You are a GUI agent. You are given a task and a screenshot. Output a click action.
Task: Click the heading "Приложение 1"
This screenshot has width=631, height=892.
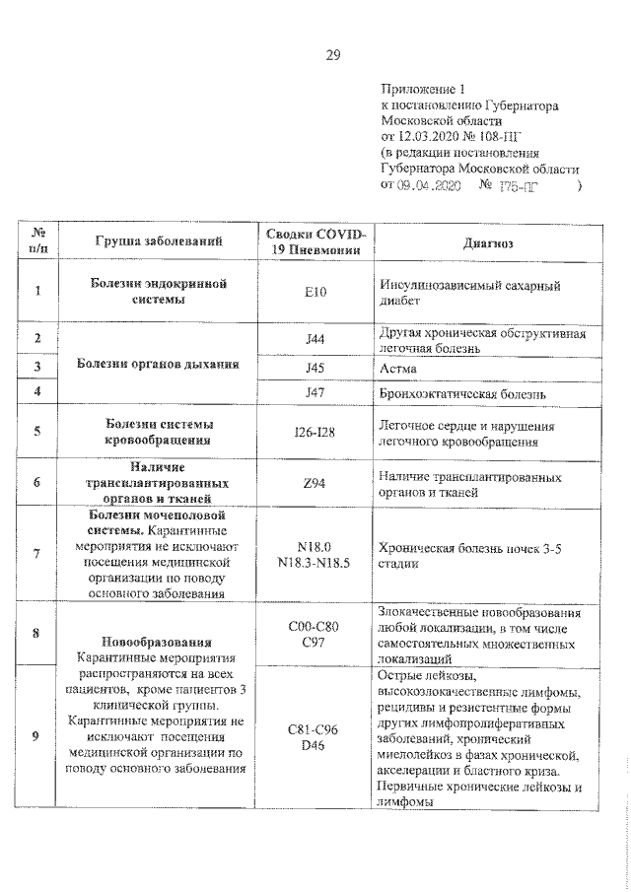[x=419, y=89]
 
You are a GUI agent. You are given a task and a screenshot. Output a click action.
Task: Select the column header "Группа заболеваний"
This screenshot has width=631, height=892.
[x=158, y=240]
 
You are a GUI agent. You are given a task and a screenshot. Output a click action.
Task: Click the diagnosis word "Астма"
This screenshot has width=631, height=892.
[x=398, y=368]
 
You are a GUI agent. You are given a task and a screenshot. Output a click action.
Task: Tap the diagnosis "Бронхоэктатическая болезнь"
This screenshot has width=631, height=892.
[x=461, y=392]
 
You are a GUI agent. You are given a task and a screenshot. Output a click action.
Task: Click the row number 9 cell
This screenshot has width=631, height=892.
[x=36, y=737]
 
